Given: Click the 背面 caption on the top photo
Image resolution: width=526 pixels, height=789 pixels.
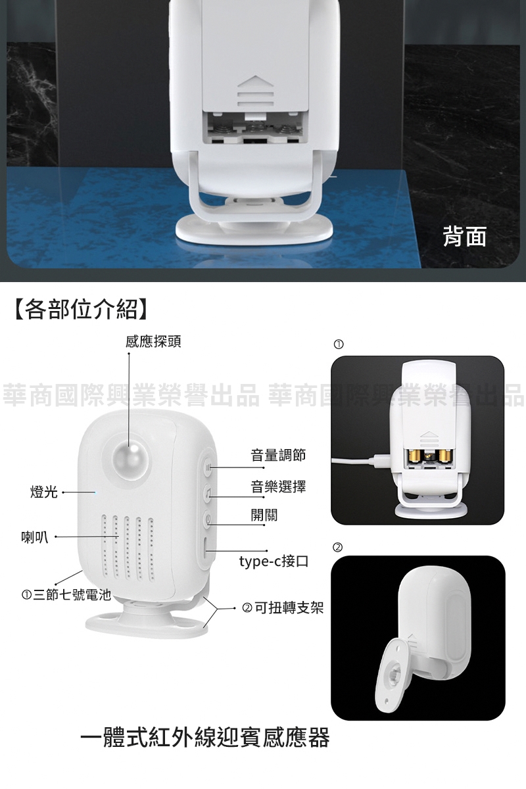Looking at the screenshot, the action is click(465, 235).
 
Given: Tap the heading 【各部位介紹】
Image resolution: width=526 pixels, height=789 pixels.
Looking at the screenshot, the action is click(81, 310).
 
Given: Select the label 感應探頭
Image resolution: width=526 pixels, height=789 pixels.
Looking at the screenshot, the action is click(153, 341).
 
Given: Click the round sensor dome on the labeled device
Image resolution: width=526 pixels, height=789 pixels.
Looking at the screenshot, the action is click(130, 460).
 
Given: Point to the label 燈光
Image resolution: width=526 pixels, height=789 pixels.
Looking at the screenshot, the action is click(44, 492).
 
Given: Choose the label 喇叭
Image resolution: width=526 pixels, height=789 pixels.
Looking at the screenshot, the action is click(35, 538).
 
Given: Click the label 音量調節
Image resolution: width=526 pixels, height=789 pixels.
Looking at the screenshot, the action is click(278, 455).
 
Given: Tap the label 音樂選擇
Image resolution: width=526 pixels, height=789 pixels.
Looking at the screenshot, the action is click(278, 487).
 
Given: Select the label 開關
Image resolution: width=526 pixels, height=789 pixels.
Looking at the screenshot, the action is click(264, 515).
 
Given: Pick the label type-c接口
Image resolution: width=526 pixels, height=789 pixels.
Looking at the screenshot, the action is click(274, 561).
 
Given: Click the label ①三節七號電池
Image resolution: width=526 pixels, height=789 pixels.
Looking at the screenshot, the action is click(66, 595).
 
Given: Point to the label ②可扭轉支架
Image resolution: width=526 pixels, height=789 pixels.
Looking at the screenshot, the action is click(283, 608).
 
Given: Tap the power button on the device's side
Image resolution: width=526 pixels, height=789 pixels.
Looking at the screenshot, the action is click(208, 519).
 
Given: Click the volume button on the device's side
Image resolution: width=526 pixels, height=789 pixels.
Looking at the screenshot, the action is click(208, 467).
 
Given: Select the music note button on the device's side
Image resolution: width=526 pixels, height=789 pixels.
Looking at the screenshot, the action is click(208, 492).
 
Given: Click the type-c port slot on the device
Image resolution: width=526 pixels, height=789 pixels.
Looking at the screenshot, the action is click(206, 548).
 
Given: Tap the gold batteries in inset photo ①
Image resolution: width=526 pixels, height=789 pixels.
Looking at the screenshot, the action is click(430, 456).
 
